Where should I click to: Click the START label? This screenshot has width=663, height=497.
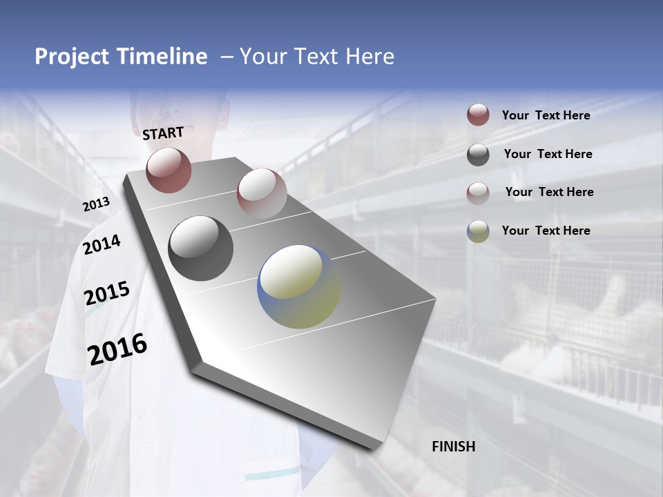163,133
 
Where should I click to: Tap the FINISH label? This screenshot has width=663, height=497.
453,447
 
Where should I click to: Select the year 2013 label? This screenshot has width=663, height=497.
96,204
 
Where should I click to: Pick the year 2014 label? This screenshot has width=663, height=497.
102,244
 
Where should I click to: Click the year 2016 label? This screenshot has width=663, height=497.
117,349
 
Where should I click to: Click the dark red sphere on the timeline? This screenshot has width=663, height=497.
169,170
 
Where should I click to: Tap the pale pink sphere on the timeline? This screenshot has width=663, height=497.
262,193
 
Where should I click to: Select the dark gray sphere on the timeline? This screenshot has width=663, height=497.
200,248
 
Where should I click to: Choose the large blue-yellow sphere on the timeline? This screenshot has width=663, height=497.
299,286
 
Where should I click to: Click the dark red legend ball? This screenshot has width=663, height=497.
478,115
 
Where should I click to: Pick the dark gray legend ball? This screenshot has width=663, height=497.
478,155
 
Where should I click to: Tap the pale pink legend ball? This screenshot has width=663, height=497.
478,193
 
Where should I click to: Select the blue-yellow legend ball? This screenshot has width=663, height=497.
478,231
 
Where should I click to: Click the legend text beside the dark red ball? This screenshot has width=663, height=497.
546,115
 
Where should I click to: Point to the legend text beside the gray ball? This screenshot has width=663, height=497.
548,154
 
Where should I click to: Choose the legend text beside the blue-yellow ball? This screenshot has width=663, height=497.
546,231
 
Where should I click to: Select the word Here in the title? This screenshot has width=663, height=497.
370,57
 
